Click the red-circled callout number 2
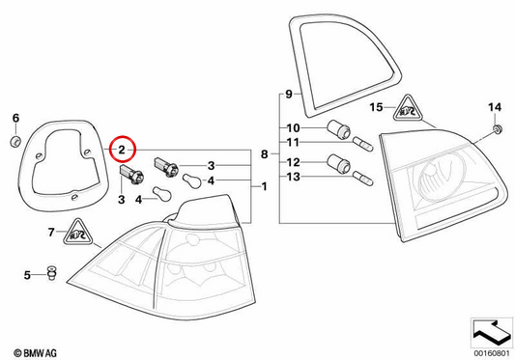pyautogui.click(x=122, y=150)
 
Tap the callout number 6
pyautogui.click(x=15, y=118)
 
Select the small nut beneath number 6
pyautogui.click(x=15, y=142)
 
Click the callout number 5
pyautogui.click(x=27, y=275)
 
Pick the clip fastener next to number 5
pyautogui.click(x=52, y=273)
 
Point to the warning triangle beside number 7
pyautogui.click(x=77, y=232)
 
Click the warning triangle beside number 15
pyautogui.click(x=408, y=108)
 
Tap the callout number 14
pyautogui.click(x=495, y=107)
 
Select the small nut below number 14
pyautogui.click(x=498, y=129)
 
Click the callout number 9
pyautogui.click(x=289, y=95)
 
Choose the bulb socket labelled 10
pyautogui.click(x=339, y=128)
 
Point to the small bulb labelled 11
pyautogui.click(x=363, y=145)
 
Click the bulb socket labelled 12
pyautogui.click(x=339, y=163)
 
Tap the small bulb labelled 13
pyautogui.click(x=363, y=179)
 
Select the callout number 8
pyautogui.click(x=264, y=153)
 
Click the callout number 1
pyautogui.click(x=264, y=186)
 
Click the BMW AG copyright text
pyautogui.click(x=35, y=353)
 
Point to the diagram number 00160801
pyautogui.click(x=492, y=354)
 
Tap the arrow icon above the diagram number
pyautogui.click(x=492, y=332)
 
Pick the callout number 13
pyautogui.click(x=294, y=177)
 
